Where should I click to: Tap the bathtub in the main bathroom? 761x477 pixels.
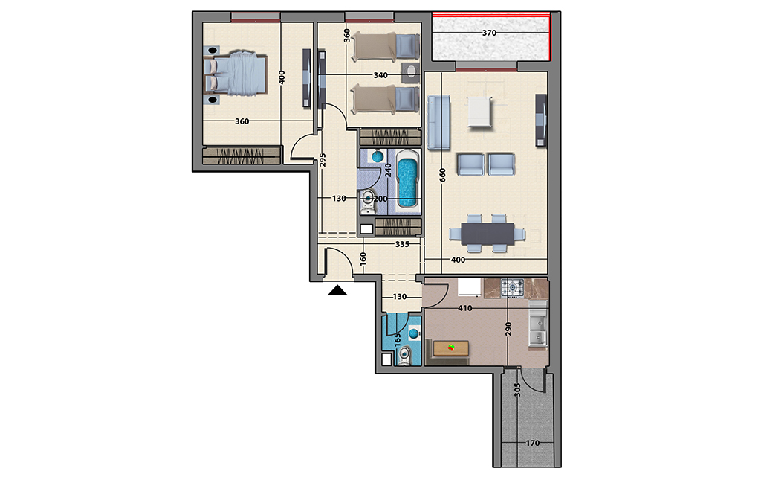[x=407, y=180]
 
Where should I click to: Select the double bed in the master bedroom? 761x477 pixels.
[x=236, y=74]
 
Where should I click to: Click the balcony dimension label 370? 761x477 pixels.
[x=489, y=33]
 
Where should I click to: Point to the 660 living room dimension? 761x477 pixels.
[x=442, y=176]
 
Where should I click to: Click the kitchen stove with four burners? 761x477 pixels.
[x=513, y=287]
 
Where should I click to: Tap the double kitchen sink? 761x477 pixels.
[x=537, y=324]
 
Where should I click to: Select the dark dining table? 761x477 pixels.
[x=488, y=234]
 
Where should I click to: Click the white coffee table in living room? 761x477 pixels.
[x=479, y=111]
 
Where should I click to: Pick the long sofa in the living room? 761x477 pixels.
[x=438, y=122]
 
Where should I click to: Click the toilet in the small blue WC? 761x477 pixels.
[x=404, y=356]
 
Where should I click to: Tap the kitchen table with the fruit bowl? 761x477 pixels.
[x=451, y=348]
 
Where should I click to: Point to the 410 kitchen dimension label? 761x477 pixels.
[x=465, y=308]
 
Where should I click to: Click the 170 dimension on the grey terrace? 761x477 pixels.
[x=532, y=443]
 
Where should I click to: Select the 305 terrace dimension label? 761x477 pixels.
[x=517, y=390]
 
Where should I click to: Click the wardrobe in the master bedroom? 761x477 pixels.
[x=242, y=156]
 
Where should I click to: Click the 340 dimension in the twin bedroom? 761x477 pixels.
[x=380, y=75]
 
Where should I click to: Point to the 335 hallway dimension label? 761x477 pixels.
[x=402, y=244]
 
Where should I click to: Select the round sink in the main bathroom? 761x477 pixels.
[x=378, y=156]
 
